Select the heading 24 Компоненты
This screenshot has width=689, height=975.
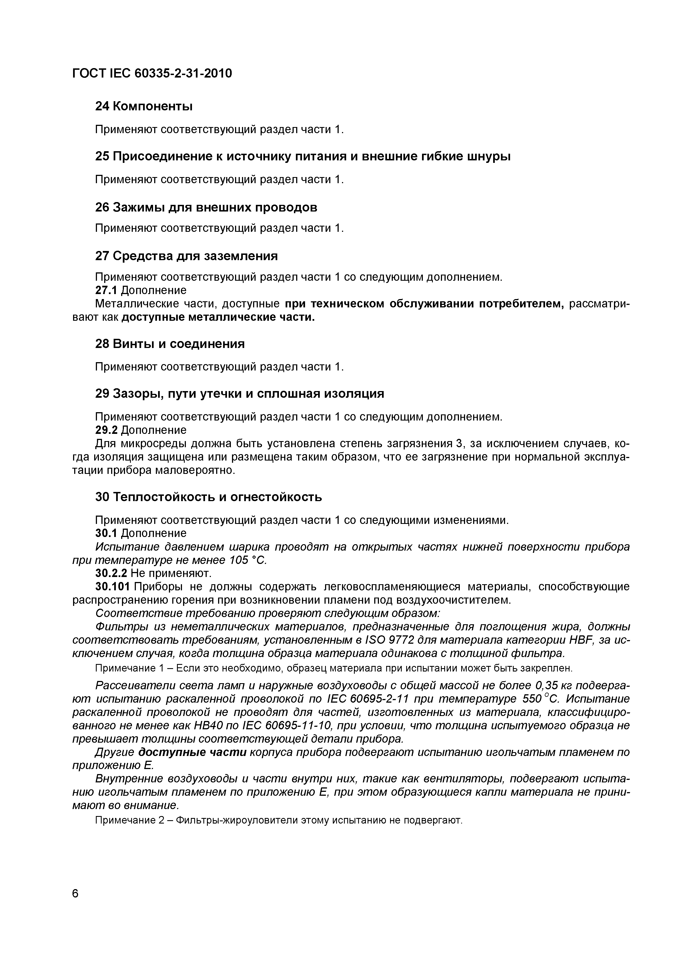[x=143, y=106]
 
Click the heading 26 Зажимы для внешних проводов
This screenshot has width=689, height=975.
[x=206, y=207]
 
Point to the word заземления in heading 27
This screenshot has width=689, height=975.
[x=241, y=256]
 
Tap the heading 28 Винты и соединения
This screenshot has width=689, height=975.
[x=170, y=344]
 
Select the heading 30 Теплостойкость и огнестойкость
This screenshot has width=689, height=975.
[x=208, y=497]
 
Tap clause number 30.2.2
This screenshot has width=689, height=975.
[x=111, y=574]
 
